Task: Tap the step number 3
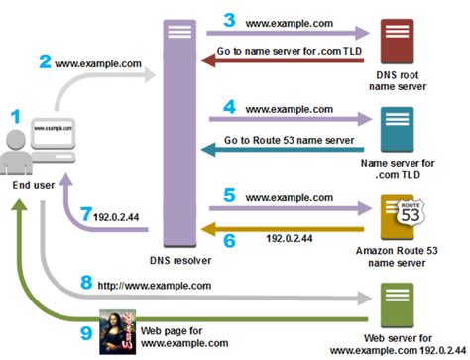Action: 230,18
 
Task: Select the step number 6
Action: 229,238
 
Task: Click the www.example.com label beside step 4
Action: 288,107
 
